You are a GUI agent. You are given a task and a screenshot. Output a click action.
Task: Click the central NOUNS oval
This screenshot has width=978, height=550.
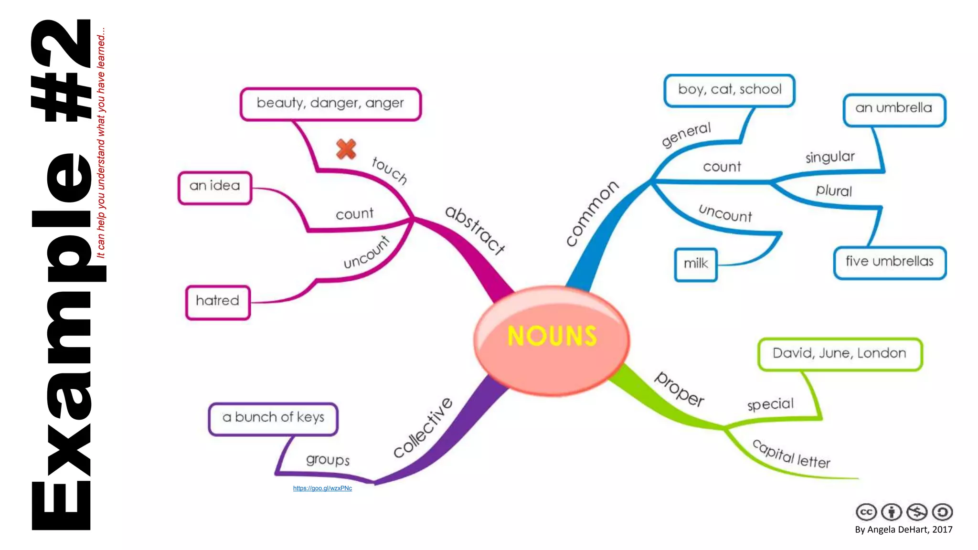point(552,340)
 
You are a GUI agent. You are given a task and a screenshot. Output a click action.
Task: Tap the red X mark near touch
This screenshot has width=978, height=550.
point(346,149)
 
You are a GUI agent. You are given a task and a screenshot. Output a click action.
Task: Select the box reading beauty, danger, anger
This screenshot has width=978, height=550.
point(330,104)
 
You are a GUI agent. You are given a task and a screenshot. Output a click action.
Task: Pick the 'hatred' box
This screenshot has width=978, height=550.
point(218,302)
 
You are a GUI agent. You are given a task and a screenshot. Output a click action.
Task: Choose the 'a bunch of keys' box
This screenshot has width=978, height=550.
point(273,419)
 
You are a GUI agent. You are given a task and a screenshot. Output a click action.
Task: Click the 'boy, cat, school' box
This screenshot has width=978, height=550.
point(729,90)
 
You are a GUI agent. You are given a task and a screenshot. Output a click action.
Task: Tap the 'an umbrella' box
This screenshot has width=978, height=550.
point(894,109)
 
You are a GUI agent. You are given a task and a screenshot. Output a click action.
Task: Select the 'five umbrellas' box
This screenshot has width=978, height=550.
point(890,262)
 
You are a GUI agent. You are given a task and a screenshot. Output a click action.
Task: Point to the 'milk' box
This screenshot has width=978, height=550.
point(696,264)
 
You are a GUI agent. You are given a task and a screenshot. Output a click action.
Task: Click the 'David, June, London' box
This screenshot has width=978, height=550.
point(840,354)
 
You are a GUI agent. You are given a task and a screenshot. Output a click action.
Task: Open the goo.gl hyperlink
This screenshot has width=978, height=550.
point(322,488)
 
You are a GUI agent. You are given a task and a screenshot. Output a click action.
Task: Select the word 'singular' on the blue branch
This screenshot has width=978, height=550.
point(830,157)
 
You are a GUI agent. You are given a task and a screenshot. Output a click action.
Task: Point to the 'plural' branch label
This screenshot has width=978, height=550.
point(834,190)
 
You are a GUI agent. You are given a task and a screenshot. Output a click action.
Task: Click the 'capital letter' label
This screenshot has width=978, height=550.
point(791,454)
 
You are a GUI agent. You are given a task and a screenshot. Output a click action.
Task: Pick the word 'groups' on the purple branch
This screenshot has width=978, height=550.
point(328,459)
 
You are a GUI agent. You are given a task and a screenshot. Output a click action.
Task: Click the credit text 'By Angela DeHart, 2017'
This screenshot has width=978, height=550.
point(904,529)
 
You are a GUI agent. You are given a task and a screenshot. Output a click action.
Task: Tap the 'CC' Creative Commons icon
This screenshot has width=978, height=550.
point(866,512)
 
